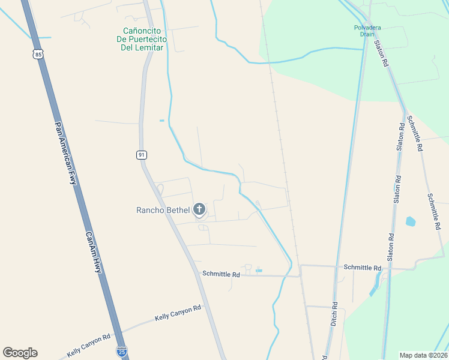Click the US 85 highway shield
pyautogui.click(x=39, y=55)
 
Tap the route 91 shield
pyautogui.click(x=141, y=155)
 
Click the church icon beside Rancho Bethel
pyautogui.click(x=199, y=209)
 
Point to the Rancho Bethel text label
pyautogui.click(x=163, y=210)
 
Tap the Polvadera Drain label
pyautogui.click(x=367, y=31)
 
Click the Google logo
pyautogui.click(x=20, y=353)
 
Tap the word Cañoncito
pyautogui.click(x=143, y=31)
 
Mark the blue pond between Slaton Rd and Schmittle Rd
pyautogui.click(x=411, y=221)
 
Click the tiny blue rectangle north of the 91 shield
pyautogui.click(x=161, y=121)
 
